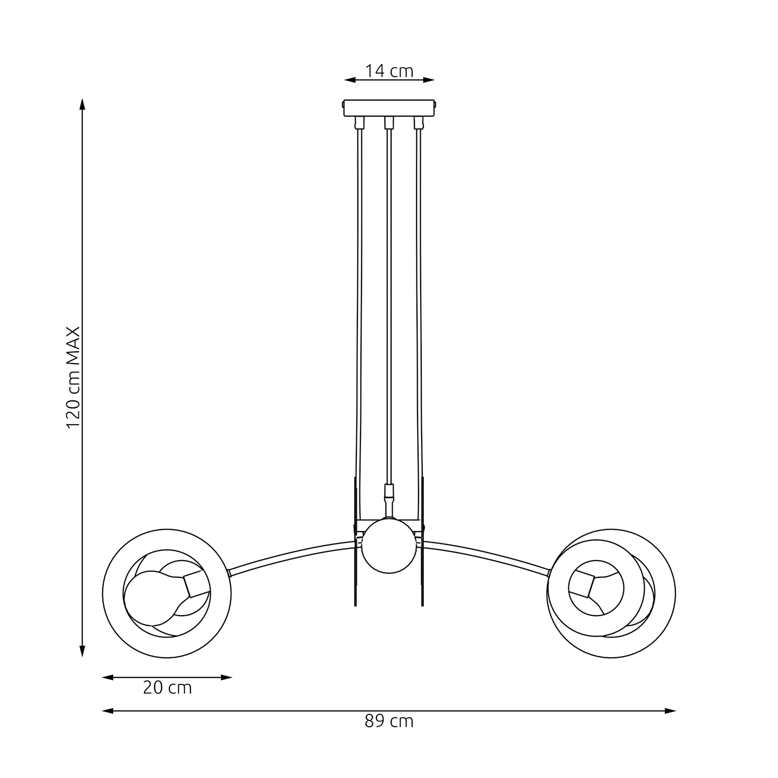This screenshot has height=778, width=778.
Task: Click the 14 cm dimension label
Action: click(x=389, y=71)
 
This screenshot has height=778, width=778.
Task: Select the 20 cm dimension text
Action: click(x=167, y=688)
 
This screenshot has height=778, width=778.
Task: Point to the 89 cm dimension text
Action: click(x=389, y=721)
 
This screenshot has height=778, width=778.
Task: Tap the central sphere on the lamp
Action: click(x=389, y=546)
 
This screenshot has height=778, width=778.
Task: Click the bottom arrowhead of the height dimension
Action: click(x=81, y=651)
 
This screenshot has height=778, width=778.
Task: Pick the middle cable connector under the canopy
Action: click(x=389, y=123)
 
